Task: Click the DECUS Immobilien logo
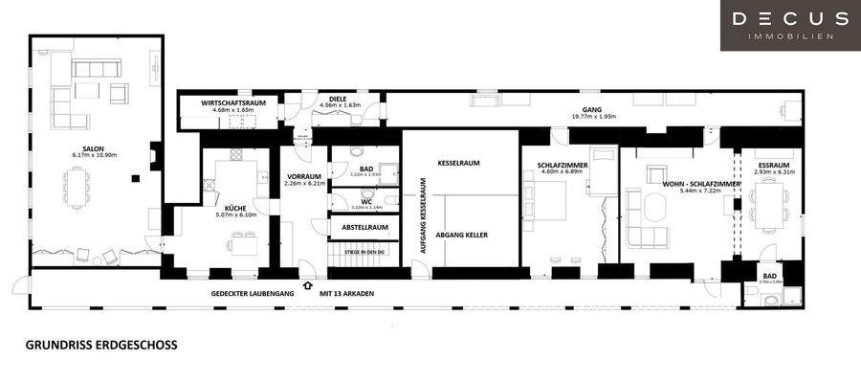pyautogui.click(x=789, y=24)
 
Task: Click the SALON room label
pyautogui.click(x=94, y=148)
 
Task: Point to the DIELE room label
pyautogui.click(x=337, y=98)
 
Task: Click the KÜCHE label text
pyautogui.click(x=235, y=208)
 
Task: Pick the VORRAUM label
pyautogui.click(x=304, y=176)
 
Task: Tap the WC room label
pyautogui.click(x=366, y=200)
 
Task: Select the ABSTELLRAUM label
pyautogui.click(x=365, y=227)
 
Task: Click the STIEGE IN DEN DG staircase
pyautogui.click(x=364, y=257)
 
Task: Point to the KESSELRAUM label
pyautogui.click(x=458, y=163)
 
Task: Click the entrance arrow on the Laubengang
pyautogui.click(x=306, y=284)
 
